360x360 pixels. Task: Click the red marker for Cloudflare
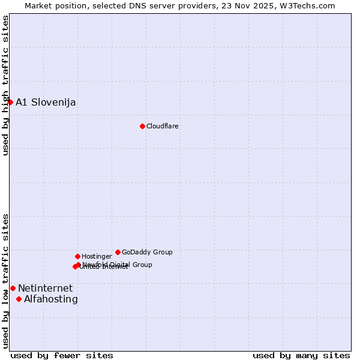click(x=142, y=126)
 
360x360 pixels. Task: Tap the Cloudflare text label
click(x=163, y=126)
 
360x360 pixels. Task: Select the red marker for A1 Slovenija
click(x=10, y=102)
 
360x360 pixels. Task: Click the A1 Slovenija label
click(x=46, y=102)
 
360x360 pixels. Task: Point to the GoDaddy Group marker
click(x=118, y=252)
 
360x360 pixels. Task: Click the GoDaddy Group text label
click(x=147, y=252)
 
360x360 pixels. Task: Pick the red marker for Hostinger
click(x=77, y=256)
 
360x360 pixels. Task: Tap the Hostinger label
click(x=97, y=256)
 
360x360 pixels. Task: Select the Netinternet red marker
click(x=13, y=288)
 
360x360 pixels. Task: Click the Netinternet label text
click(x=45, y=289)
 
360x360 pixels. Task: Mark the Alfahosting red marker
click(x=19, y=299)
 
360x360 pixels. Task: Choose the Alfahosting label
click(x=51, y=299)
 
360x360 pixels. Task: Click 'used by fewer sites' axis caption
click(x=62, y=355)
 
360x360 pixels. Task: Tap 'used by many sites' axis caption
click(x=301, y=355)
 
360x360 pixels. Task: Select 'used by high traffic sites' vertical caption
click(x=5, y=85)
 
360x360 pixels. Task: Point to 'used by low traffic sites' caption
click(x=5, y=281)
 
